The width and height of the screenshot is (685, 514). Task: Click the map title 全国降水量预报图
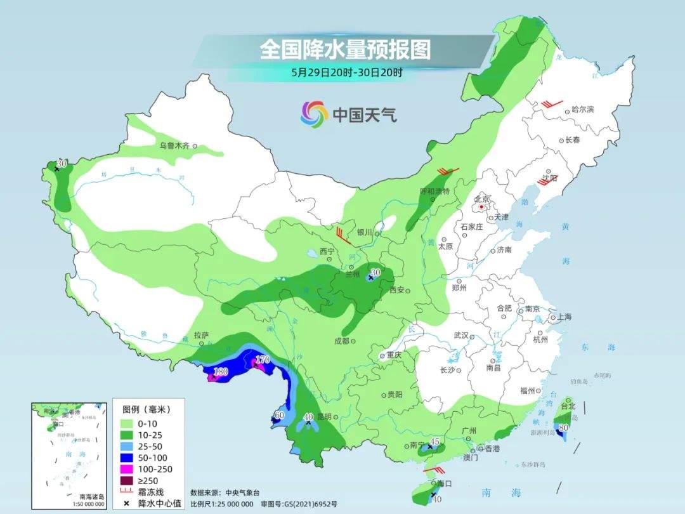coord(345,49)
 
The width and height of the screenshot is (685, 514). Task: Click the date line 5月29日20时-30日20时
coord(346,72)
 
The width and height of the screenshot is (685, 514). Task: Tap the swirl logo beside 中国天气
coord(314,114)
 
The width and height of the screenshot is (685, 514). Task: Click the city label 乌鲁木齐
coord(174,146)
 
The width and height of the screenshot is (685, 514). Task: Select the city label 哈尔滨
coord(582,109)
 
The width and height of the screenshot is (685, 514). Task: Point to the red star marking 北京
coord(482,207)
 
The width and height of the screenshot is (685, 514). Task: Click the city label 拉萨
coord(201,335)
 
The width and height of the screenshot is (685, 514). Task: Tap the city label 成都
coord(341,341)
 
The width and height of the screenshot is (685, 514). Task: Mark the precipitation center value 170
coord(263,360)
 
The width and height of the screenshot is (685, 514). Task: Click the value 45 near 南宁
coord(434,441)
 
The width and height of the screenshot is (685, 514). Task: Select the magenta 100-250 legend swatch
coord(126,469)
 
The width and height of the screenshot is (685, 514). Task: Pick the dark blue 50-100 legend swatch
coord(126,457)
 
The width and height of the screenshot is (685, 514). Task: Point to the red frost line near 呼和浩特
coord(448,171)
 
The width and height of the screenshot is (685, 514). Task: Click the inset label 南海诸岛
coord(92,496)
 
